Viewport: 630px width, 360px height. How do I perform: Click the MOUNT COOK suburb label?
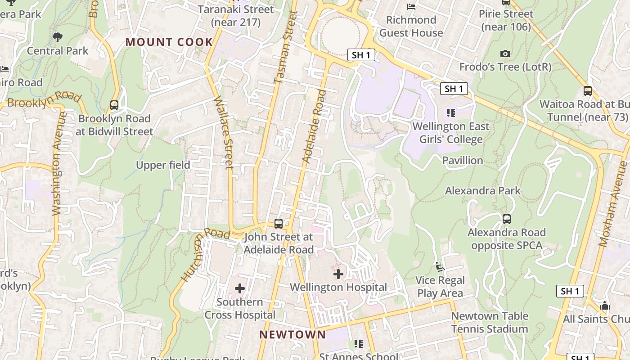click(169, 42)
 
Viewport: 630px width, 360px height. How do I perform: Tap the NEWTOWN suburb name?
click(292, 335)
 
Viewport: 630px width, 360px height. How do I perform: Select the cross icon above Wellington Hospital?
click(338, 274)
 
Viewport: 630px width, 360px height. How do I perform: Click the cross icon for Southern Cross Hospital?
click(240, 288)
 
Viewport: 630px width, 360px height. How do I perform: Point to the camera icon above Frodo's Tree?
click(505, 54)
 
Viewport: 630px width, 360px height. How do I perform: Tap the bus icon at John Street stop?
click(279, 224)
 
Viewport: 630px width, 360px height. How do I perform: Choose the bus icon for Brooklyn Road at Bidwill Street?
click(114, 105)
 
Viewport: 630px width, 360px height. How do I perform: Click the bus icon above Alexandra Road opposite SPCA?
click(507, 219)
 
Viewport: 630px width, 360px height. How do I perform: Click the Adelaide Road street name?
click(314, 126)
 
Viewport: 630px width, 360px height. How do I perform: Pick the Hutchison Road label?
click(205, 254)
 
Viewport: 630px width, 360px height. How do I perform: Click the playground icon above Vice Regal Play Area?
click(440, 267)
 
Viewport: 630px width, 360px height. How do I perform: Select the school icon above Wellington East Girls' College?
click(450, 112)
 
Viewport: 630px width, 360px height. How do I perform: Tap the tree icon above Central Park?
click(57, 37)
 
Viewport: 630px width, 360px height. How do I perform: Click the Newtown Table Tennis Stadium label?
click(489, 322)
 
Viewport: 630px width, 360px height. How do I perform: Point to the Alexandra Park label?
click(482, 191)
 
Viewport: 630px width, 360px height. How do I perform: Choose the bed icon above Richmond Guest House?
click(411, 7)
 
